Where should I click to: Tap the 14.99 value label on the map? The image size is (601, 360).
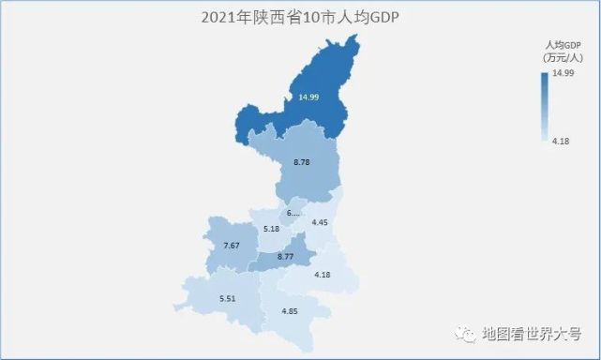(x=309, y=97)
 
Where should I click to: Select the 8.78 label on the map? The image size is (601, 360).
(x=301, y=162)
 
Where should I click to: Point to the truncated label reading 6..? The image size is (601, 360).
(x=293, y=213)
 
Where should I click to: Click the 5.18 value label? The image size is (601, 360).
(x=272, y=229)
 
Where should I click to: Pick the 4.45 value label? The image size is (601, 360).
(x=320, y=222)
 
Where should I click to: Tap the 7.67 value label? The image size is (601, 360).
(x=233, y=246)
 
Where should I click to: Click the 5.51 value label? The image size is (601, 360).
(x=227, y=298)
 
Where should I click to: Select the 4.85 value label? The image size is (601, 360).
(x=290, y=311)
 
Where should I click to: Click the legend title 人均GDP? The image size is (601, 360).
(x=560, y=45)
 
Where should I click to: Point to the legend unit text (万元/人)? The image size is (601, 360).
(x=560, y=58)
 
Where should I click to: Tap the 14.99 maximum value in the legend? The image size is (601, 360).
(x=563, y=73)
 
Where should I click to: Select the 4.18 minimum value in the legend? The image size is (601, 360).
(x=562, y=141)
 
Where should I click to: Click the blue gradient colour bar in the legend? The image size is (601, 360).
(x=545, y=106)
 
